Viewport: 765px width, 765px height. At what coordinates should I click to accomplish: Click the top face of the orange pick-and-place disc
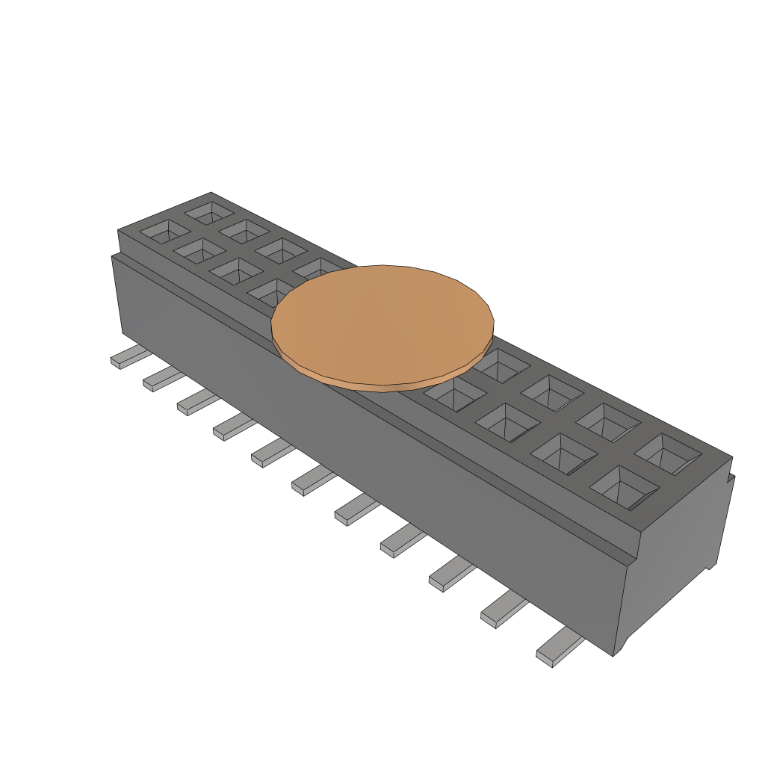pos(381,321)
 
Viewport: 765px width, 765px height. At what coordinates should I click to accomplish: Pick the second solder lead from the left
pos(161,379)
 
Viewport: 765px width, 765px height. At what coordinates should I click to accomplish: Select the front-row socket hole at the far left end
pos(165,231)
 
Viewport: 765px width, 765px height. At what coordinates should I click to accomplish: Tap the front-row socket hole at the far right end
pos(624,486)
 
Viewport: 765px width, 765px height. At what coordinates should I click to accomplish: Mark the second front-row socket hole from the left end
pos(199,250)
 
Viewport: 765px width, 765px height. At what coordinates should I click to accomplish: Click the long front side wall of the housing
pos(359,448)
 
